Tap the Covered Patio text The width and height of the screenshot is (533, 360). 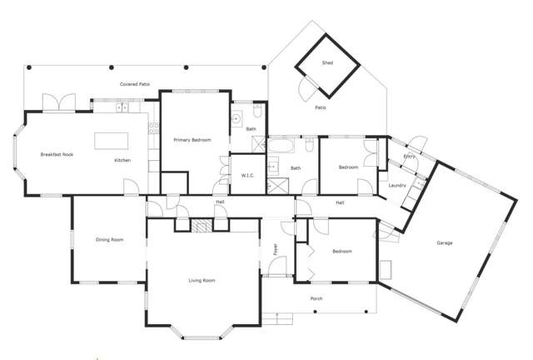(134, 84)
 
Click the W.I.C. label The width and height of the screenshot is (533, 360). (247, 175)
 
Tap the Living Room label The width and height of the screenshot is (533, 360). (202, 281)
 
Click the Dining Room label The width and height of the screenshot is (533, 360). (110, 240)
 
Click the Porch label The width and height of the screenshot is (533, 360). (316, 298)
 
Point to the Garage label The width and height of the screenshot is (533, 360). (445, 243)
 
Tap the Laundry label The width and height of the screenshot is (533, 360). (397, 185)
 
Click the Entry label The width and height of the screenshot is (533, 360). (409, 156)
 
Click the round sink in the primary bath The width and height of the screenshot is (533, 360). (237, 115)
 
